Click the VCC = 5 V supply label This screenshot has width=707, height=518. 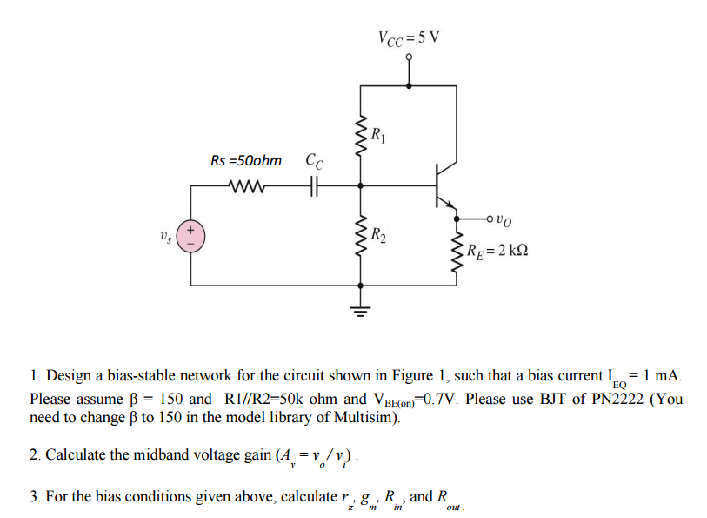pyautogui.click(x=409, y=37)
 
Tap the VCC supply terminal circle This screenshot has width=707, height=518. pyautogui.click(x=409, y=58)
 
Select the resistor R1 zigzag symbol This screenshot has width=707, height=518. pyautogui.click(x=359, y=136)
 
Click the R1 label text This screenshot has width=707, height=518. pyautogui.click(x=377, y=135)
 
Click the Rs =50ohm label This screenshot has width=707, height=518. pyautogui.click(x=246, y=160)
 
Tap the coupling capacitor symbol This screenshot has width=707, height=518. pyautogui.click(x=315, y=185)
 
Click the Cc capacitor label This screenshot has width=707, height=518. pyautogui.click(x=314, y=161)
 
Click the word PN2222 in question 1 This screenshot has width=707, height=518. pyautogui.click(x=610, y=400)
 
